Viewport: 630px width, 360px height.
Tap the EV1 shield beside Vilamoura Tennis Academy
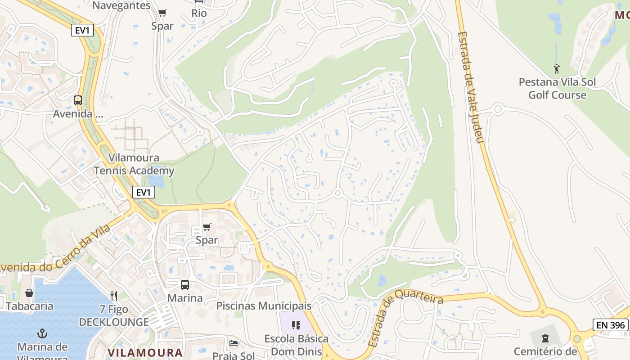click(144, 193)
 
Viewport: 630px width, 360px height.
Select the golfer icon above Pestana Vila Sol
click(557, 69)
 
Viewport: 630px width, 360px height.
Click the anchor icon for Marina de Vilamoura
click(42, 333)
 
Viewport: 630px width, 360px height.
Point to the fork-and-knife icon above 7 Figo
click(114, 296)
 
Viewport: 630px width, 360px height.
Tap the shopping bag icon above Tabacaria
click(29, 293)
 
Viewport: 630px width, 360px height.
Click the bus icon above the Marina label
click(185, 285)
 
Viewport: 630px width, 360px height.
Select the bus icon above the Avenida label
click(78, 100)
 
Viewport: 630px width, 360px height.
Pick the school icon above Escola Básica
click(296, 325)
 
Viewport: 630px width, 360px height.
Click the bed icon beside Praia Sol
click(234, 343)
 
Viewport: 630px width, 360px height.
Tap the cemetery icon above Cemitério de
click(545, 338)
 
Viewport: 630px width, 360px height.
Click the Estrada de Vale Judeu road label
click(470, 87)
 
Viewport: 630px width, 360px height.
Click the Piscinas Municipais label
click(264, 306)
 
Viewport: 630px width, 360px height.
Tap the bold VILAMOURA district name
click(145, 352)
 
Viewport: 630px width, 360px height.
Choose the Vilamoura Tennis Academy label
click(134, 164)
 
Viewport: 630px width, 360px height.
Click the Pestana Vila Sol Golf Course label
click(557, 89)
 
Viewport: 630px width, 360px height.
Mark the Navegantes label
click(121, 6)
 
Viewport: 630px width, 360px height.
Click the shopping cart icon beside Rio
click(162, 13)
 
